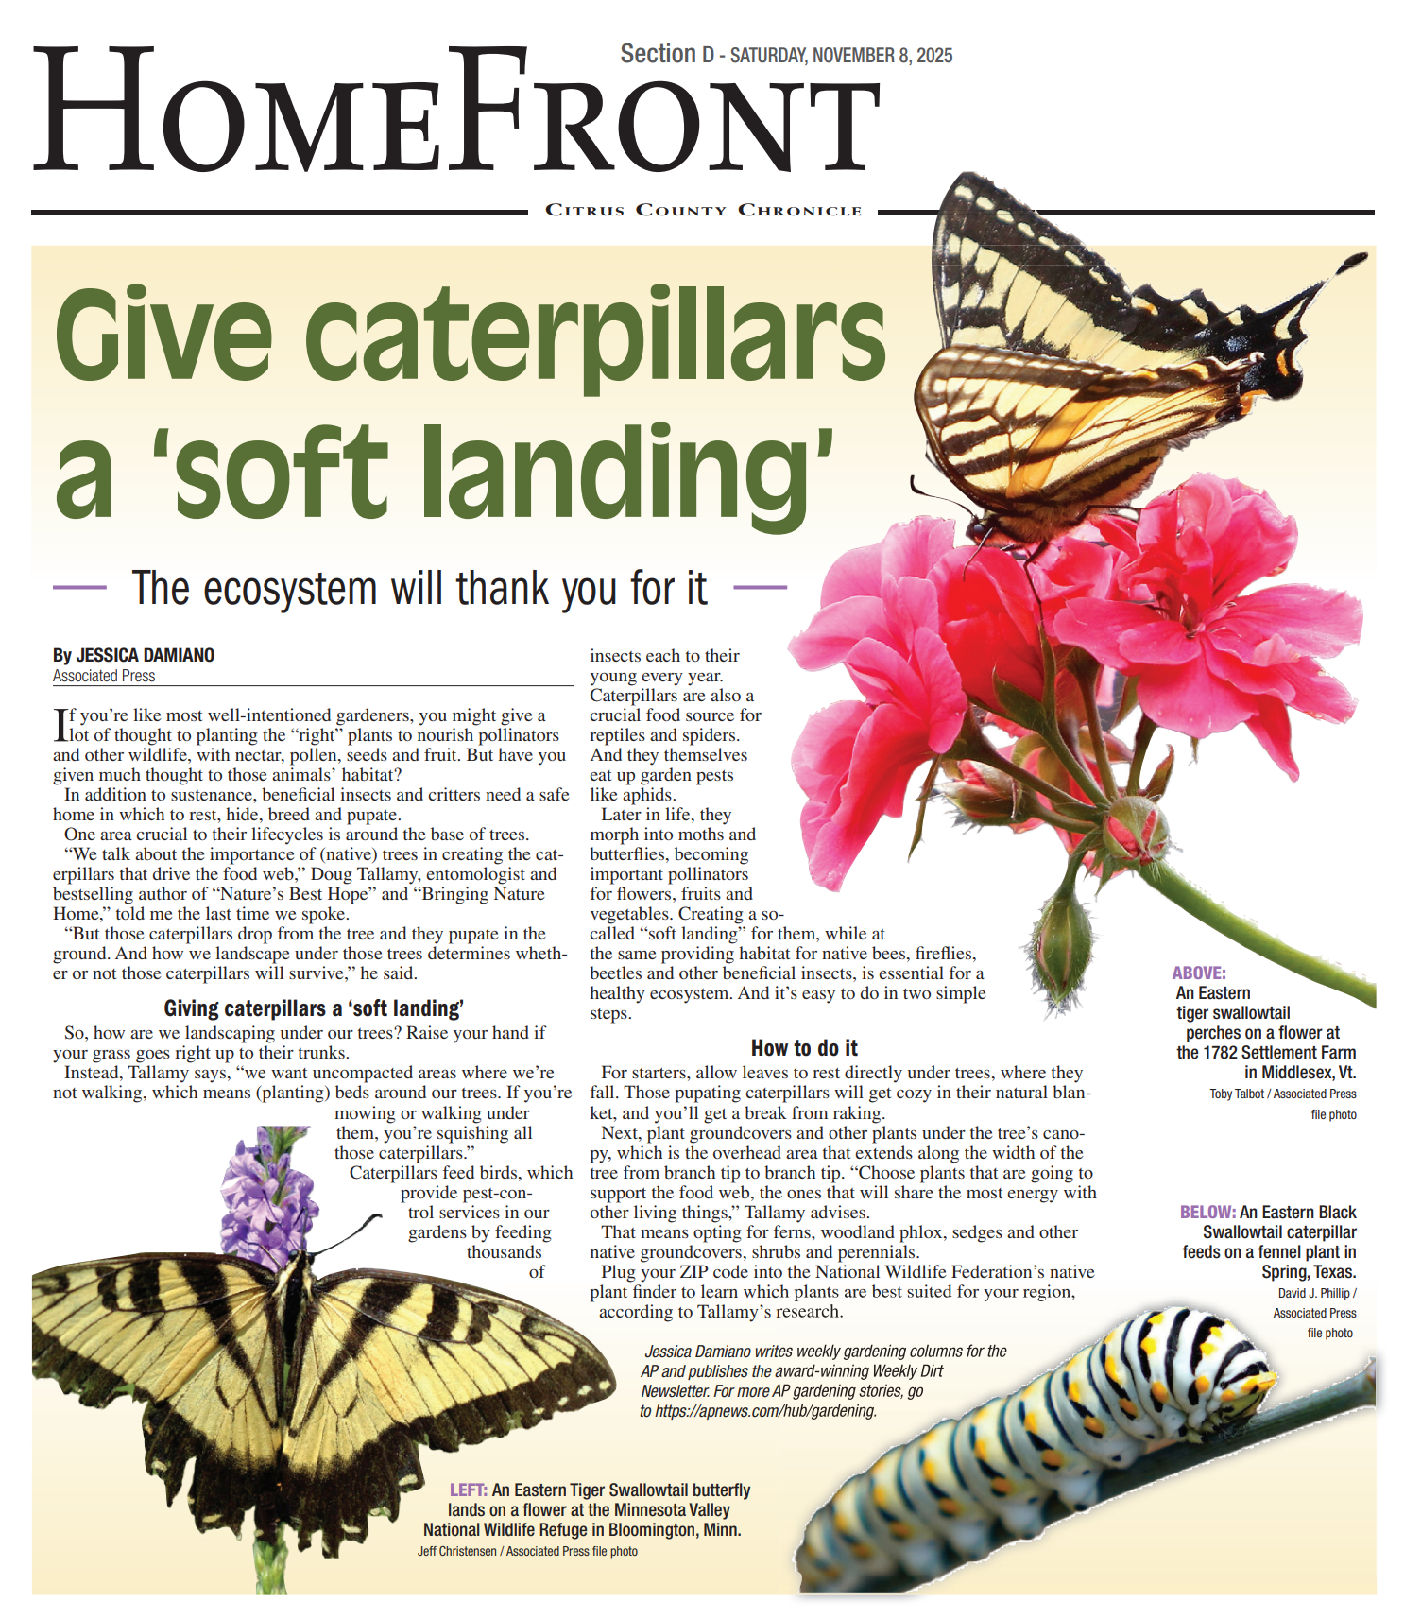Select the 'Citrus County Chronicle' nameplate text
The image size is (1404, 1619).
(x=703, y=210)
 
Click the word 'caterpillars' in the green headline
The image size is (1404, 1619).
(x=595, y=336)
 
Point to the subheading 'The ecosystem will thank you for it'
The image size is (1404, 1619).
(x=419, y=588)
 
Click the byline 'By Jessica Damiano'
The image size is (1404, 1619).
(x=133, y=655)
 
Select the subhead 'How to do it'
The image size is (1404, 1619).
(x=804, y=1048)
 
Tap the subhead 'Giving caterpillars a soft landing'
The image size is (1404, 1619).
(x=314, y=1008)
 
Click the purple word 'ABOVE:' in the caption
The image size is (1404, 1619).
(x=1199, y=973)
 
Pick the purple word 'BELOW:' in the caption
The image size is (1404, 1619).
(x=1207, y=1212)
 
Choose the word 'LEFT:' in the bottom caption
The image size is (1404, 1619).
(x=469, y=1490)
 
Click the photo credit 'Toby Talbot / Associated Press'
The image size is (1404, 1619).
(x=1282, y=1094)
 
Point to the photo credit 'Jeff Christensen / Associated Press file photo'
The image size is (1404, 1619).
(x=527, y=1551)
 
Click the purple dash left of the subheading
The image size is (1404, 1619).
(x=79, y=588)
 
